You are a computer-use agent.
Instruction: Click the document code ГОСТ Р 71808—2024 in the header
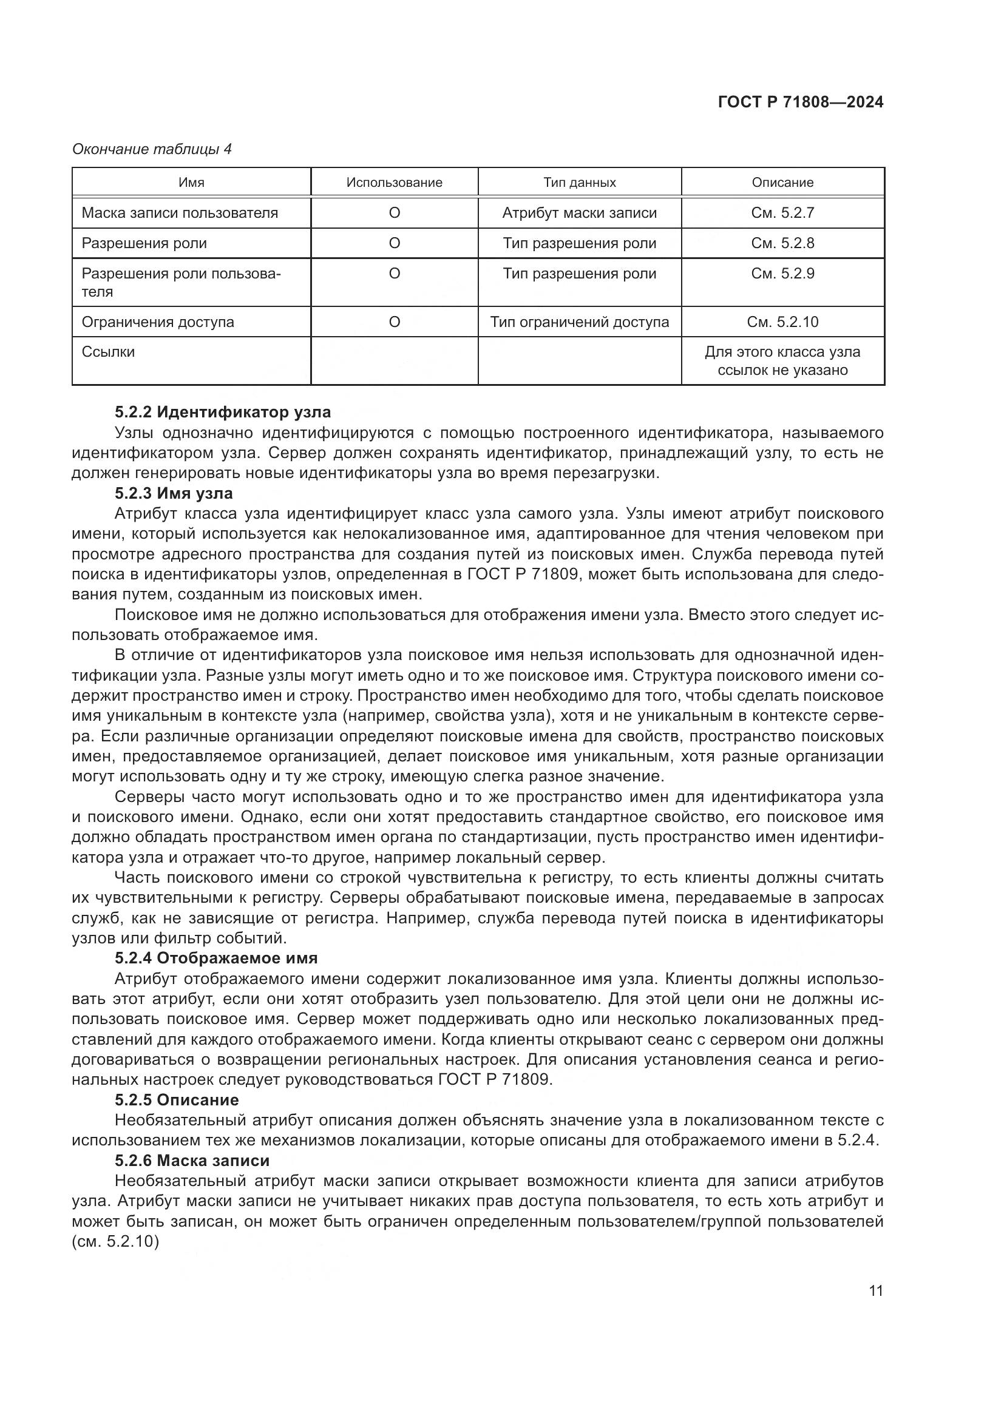click(x=800, y=102)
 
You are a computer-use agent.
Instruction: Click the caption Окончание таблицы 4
click(x=152, y=149)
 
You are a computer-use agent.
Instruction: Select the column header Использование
click(x=394, y=183)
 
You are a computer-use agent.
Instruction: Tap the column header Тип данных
click(x=579, y=183)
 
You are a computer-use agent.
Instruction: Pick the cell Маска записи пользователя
click(x=179, y=212)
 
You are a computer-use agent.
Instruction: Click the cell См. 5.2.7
click(x=782, y=212)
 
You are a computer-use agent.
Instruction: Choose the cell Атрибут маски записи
click(x=579, y=212)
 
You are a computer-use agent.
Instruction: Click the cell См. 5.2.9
click(x=782, y=273)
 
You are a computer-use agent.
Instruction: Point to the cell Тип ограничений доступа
click(x=579, y=322)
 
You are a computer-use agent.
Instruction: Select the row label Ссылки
click(x=108, y=352)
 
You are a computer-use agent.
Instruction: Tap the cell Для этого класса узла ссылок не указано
click(x=782, y=361)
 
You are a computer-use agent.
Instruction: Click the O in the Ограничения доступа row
click(x=394, y=322)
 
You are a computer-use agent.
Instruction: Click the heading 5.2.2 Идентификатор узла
click(x=223, y=411)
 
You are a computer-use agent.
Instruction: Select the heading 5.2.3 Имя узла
click(x=174, y=493)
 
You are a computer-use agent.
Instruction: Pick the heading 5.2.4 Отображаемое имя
click(x=215, y=958)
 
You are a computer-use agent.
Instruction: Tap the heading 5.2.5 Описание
click(x=177, y=1099)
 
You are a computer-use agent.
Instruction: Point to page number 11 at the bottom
click(x=875, y=1290)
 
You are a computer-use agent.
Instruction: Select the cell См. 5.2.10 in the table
click(x=782, y=322)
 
